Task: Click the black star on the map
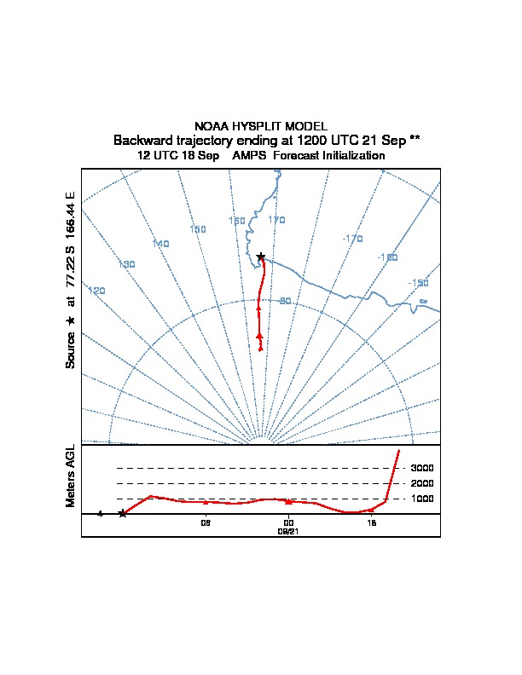[261, 257]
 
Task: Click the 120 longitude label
[97, 291]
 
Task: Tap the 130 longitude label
[126, 264]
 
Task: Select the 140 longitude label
[160, 244]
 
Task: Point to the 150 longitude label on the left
[198, 229]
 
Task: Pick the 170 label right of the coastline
[276, 220]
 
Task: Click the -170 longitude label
[352, 239]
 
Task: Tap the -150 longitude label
[418, 283]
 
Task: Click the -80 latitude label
[284, 301]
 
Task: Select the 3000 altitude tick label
[422, 468]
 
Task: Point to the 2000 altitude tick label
[422, 483]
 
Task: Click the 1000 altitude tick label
[422, 499]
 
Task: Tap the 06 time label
[206, 523]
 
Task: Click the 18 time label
[371, 523]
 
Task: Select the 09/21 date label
[288, 531]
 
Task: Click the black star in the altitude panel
[123, 513]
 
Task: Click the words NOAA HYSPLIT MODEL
[261, 126]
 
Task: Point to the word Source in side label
[71, 349]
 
